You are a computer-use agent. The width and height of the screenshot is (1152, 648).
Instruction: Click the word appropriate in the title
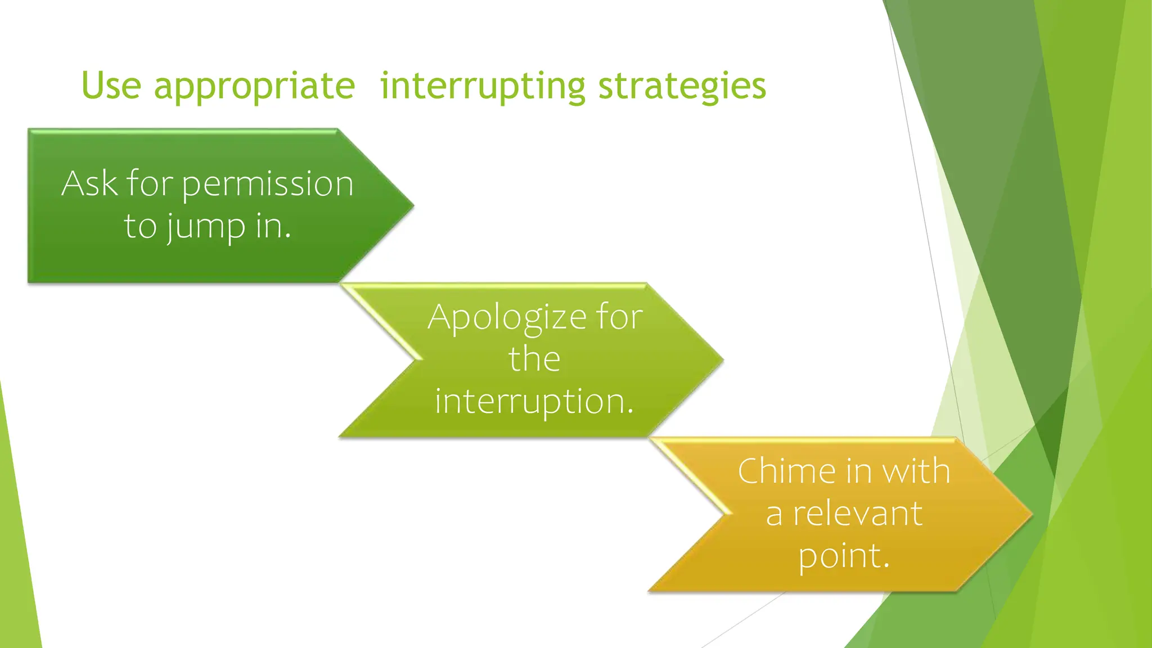point(254,87)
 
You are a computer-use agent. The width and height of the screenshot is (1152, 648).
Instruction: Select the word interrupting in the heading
point(483,87)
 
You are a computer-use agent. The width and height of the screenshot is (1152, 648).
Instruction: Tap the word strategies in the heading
point(682,87)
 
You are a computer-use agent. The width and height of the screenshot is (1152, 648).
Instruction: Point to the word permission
point(268,184)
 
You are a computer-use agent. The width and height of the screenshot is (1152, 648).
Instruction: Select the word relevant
point(858,514)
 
